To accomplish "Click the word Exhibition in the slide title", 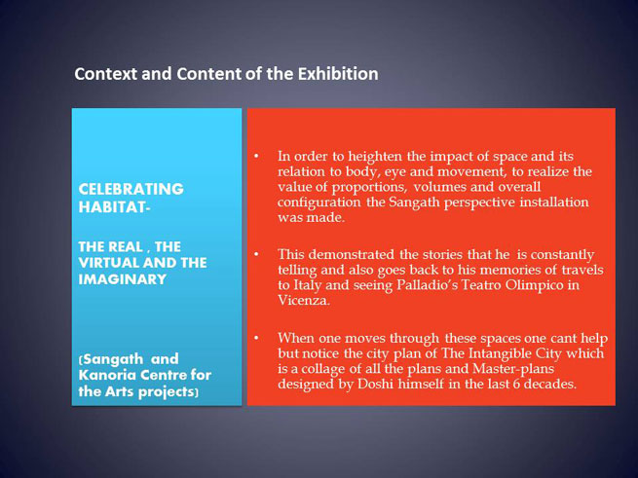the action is (x=338, y=74).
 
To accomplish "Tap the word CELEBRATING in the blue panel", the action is (x=131, y=189).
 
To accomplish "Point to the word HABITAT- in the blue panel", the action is (x=114, y=207).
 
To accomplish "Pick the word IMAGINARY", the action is (x=122, y=279).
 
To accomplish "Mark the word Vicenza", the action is (x=304, y=300).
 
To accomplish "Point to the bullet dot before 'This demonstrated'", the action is (x=256, y=254).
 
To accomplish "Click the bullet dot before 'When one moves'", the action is (x=256, y=338).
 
